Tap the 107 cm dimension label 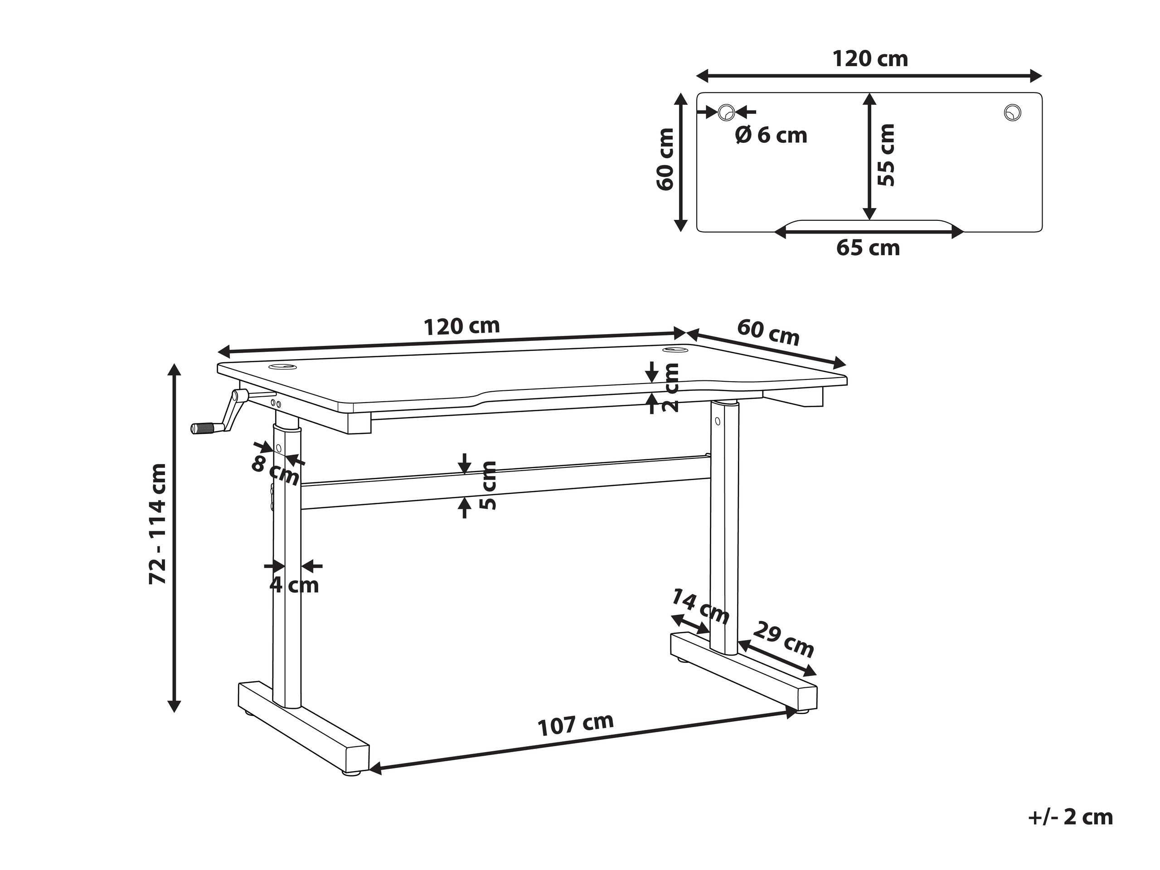click(x=576, y=725)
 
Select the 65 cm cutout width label click(x=868, y=248)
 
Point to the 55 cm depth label click(x=886, y=155)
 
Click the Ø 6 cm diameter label click(x=771, y=135)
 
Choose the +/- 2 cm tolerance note click(x=1070, y=817)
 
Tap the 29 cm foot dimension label click(x=783, y=639)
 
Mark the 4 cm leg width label click(x=294, y=585)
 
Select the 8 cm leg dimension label click(x=275, y=471)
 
